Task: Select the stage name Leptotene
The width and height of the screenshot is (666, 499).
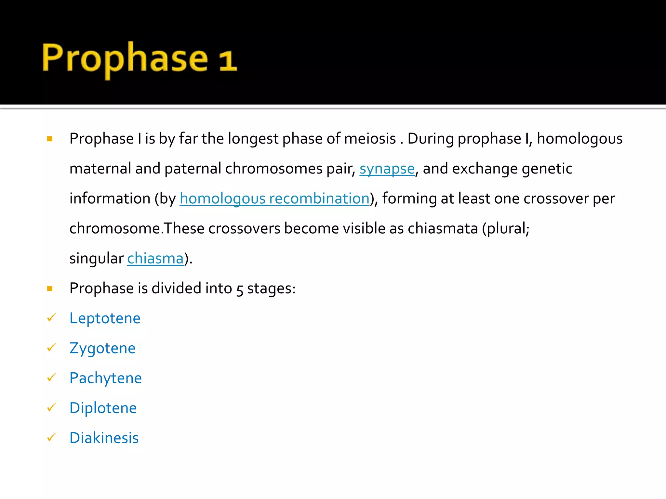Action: coord(105,318)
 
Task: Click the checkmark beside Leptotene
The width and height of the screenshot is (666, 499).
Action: coord(51,318)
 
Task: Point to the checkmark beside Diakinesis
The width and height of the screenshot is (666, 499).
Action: coord(51,437)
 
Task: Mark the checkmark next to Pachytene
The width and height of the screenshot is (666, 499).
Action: coord(51,377)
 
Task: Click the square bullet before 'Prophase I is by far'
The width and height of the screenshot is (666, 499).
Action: coord(50,139)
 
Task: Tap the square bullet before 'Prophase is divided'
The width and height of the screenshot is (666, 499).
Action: coord(50,288)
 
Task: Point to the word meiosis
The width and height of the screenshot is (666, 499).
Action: coord(370,139)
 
